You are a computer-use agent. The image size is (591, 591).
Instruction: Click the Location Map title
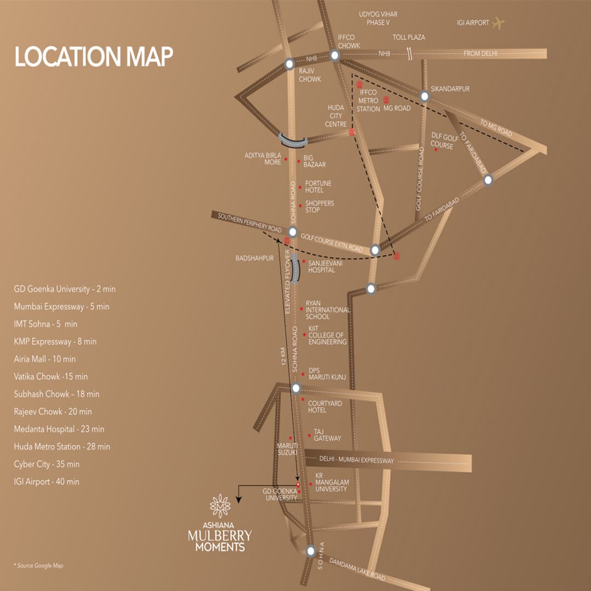click(x=94, y=57)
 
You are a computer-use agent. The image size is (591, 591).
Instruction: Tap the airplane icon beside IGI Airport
click(x=498, y=23)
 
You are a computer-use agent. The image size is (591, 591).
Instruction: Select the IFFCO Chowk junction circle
click(x=335, y=55)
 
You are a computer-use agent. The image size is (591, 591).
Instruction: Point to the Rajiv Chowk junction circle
click(x=289, y=65)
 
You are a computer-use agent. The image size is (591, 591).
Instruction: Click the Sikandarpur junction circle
click(x=424, y=97)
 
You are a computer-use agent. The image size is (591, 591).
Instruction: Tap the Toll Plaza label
click(x=409, y=38)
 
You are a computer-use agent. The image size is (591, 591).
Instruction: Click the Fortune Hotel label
click(x=318, y=187)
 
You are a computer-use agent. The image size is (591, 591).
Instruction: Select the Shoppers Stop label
click(x=320, y=207)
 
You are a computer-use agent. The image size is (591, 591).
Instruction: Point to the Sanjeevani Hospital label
click(x=325, y=266)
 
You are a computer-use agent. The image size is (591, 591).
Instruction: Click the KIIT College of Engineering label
click(x=327, y=335)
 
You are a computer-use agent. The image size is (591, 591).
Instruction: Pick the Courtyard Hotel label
click(x=325, y=407)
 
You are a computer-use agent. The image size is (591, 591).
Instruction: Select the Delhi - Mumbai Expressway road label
click(x=357, y=461)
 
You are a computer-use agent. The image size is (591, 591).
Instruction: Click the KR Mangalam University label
click(x=331, y=483)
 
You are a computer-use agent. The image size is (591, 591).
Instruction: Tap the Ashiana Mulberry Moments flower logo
click(x=220, y=506)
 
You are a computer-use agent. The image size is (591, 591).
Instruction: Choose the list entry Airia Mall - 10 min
click(x=45, y=359)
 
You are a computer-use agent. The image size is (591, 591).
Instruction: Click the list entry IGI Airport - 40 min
click(x=47, y=482)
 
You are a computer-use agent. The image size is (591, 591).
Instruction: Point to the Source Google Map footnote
click(x=39, y=565)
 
